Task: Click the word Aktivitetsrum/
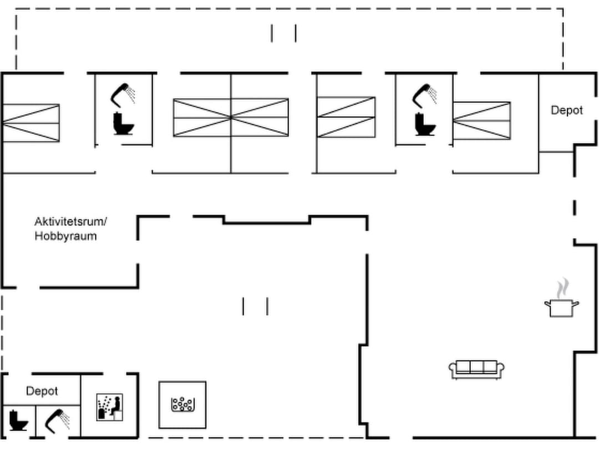click(x=70, y=222)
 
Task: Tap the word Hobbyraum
click(x=65, y=236)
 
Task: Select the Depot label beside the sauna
click(x=42, y=391)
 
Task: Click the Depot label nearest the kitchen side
click(x=566, y=110)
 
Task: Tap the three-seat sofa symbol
click(x=476, y=369)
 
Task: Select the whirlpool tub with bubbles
click(x=182, y=405)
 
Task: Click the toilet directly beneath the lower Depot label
click(x=19, y=421)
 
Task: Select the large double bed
click(x=231, y=118)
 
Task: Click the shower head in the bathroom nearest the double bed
click(x=124, y=94)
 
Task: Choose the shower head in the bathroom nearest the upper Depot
click(x=425, y=94)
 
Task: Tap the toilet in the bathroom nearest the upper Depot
click(x=425, y=124)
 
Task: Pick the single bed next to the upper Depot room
click(x=481, y=120)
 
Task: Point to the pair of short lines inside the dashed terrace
click(x=283, y=33)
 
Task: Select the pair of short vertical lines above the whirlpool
click(x=255, y=306)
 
